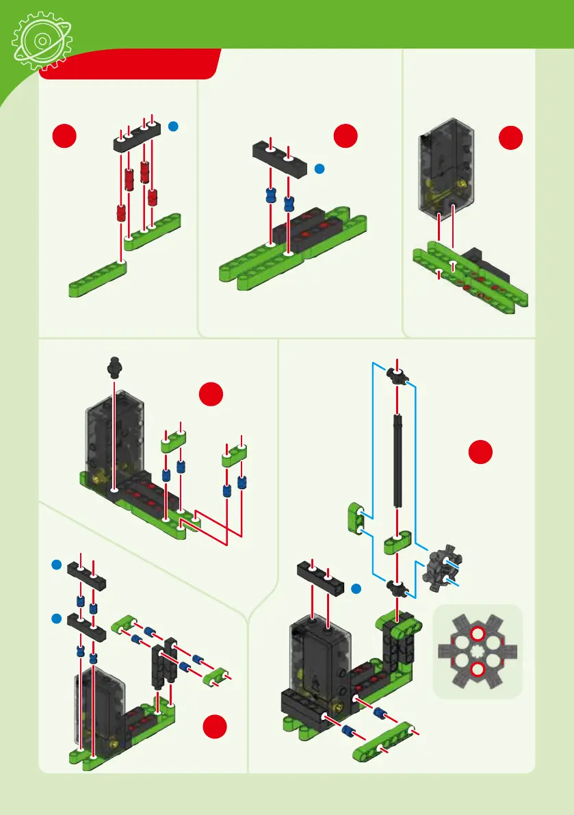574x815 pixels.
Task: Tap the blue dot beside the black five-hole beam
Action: click(174, 126)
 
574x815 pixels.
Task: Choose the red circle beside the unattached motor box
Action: click(510, 138)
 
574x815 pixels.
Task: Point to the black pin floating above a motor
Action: click(114, 367)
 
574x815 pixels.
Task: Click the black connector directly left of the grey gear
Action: click(397, 586)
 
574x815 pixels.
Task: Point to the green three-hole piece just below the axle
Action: click(397, 545)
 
